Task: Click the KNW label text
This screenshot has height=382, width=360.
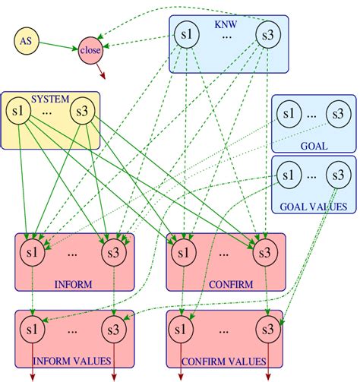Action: pyautogui.click(x=226, y=24)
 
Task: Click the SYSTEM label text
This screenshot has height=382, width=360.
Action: pyautogui.click(x=49, y=99)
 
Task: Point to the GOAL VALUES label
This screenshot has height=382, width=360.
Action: pyautogui.click(x=312, y=205)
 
